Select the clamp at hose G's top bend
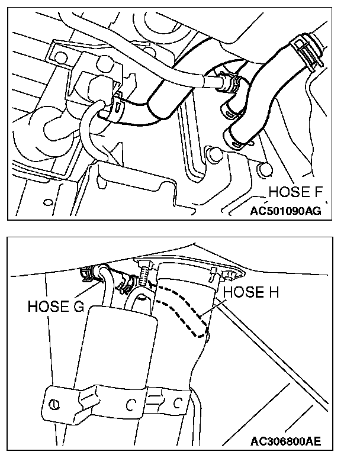pyautogui.click(x=88, y=273)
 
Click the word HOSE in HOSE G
pyautogui.click(x=49, y=307)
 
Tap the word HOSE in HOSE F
pyautogui.click(x=287, y=192)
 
